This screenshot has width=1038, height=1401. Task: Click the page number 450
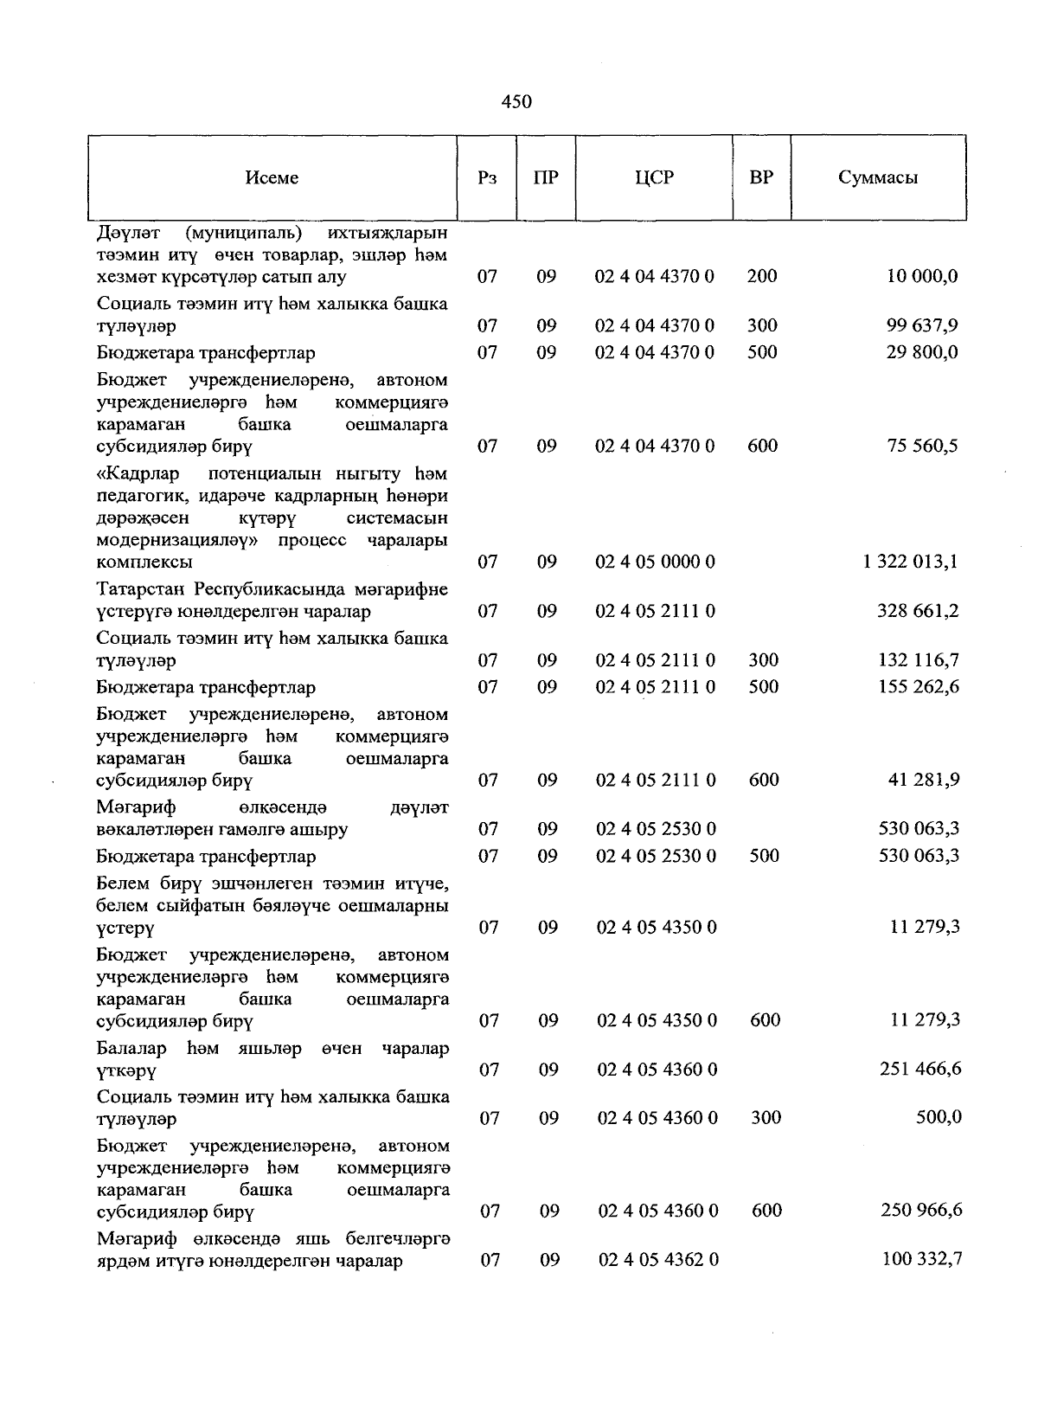tap(516, 102)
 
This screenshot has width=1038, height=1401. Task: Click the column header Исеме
tap(272, 177)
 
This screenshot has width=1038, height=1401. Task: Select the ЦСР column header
tap(654, 177)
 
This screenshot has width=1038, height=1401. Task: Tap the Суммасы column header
tap(878, 177)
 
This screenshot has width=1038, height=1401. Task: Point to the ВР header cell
tap(761, 177)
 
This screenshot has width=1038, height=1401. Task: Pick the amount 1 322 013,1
tap(910, 562)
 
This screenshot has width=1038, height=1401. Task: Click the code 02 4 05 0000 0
tap(656, 562)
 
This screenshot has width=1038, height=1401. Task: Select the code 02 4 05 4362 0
tap(658, 1260)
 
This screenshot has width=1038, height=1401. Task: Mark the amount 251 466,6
tap(920, 1069)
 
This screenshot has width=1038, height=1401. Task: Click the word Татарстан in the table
tap(142, 589)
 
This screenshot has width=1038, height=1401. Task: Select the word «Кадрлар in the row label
tap(137, 473)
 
